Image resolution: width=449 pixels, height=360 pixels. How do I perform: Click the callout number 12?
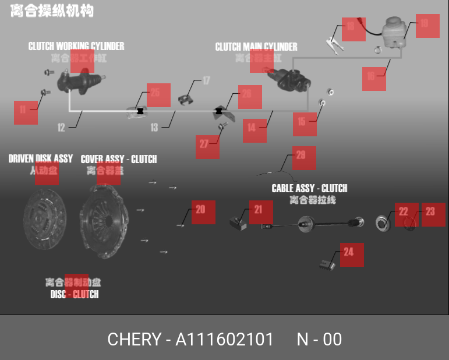[61, 128]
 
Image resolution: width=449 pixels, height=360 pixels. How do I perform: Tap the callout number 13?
[154, 127]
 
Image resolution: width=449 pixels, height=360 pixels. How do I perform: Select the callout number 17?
[206, 81]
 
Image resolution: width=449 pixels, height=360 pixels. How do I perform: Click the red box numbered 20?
[203, 212]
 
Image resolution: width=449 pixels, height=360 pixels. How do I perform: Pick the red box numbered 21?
[261, 212]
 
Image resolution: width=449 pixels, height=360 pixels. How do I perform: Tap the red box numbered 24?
[351, 255]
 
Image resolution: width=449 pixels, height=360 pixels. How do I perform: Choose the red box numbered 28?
[304, 158]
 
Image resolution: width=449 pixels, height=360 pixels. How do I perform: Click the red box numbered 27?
[207, 147]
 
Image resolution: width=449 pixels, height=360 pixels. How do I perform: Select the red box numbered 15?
[305, 124]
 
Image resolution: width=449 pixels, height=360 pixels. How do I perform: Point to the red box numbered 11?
[26, 112]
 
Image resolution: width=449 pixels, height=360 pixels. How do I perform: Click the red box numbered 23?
[433, 214]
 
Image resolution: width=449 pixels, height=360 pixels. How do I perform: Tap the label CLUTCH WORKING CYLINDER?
[76, 46]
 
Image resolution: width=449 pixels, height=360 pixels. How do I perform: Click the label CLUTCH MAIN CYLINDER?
[256, 47]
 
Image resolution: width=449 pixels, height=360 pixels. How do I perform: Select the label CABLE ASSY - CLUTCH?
[309, 188]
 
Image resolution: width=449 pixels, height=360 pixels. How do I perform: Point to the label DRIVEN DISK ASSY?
[41, 158]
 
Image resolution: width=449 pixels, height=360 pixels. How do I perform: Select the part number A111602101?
[224, 339]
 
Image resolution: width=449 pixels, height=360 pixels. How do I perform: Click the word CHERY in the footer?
[134, 339]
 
